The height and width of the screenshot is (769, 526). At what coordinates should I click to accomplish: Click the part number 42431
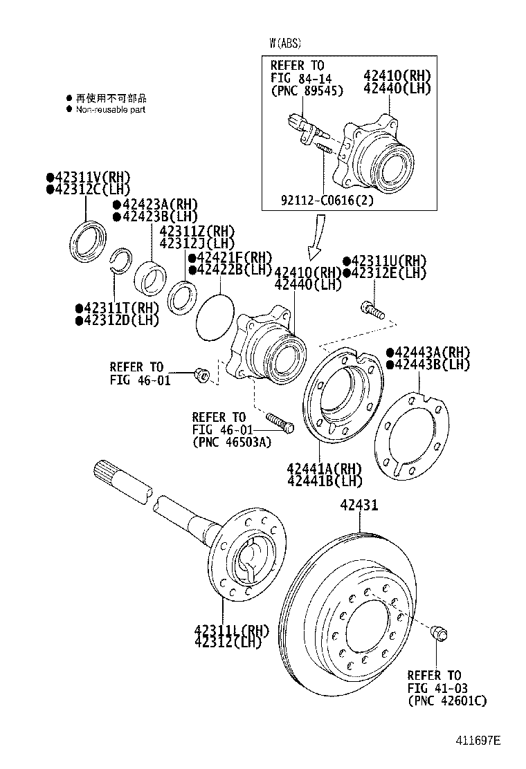(359, 506)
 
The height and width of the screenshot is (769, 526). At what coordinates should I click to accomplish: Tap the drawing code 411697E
(477, 741)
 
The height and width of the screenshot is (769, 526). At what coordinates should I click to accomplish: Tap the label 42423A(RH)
(155, 205)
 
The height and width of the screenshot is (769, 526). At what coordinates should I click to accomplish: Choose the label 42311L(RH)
(230, 630)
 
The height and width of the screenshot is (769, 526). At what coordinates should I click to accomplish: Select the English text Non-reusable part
(110, 109)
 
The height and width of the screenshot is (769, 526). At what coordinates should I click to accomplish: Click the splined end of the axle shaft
(107, 474)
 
